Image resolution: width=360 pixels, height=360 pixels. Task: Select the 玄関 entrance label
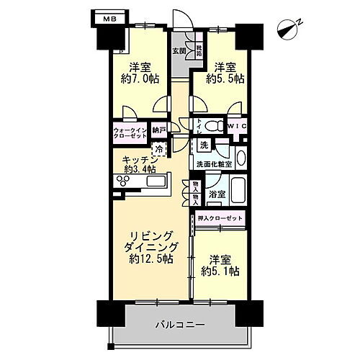(179, 50)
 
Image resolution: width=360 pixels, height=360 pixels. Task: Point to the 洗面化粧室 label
(214, 164)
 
